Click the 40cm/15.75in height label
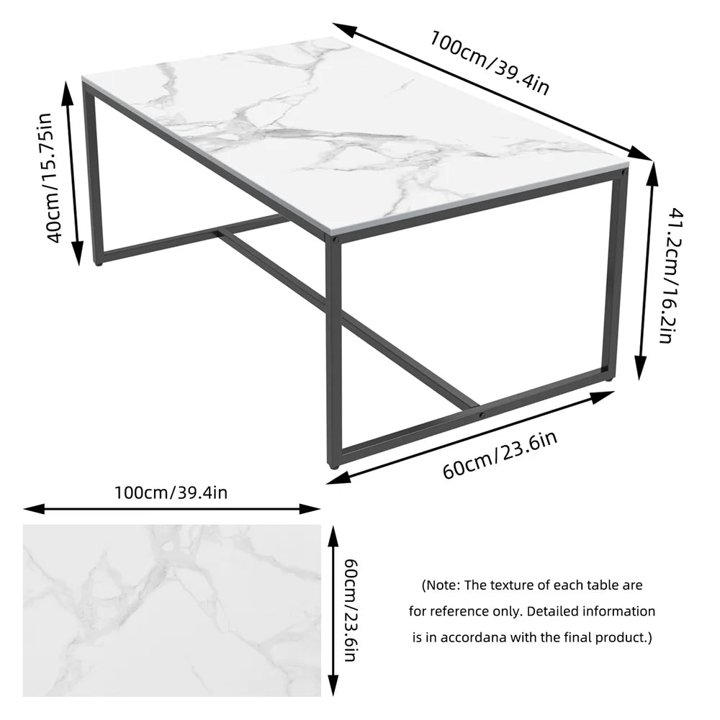[x=55, y=177]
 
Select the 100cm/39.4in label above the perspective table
[x=490, y=61]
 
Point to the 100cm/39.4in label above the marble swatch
[x=171, y=492]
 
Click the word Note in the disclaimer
[x=446, y=585]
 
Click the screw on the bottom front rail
[x=482, y=415]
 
